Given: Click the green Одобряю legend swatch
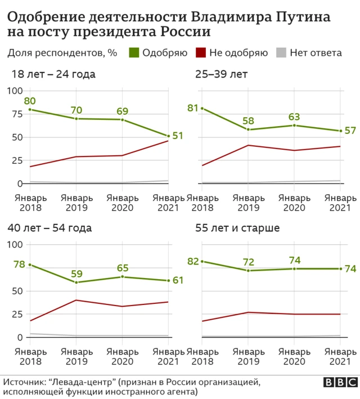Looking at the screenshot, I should coord(134,53).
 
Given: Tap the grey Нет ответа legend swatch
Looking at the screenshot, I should coord(281,53).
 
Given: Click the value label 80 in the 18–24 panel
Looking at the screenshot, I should coord(30,101).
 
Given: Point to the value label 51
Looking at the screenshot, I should coord(178,136).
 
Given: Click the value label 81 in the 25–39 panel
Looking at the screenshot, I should coord(192,107).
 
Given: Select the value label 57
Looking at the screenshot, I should coord(350,131).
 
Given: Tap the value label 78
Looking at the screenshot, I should coord(19,264).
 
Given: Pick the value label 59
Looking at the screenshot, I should coord(76,274).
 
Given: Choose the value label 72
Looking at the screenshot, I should coord(248,262).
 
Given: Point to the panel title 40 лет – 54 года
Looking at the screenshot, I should coord(49,228).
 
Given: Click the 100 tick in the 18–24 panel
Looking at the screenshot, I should coord(15,91).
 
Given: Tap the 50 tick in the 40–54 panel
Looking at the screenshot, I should coord(17,291).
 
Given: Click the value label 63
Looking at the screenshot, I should coord(294,116).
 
